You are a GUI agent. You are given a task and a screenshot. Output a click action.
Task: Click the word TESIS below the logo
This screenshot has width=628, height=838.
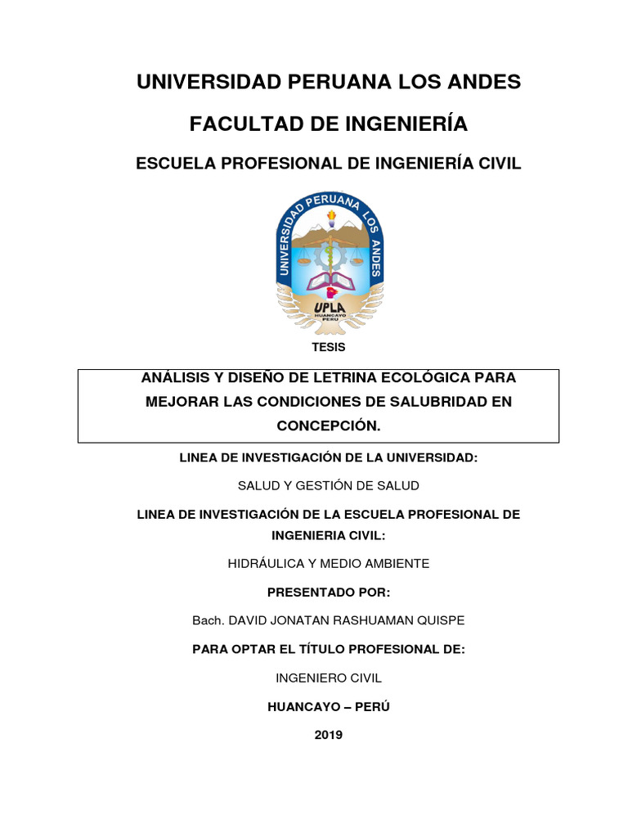click(x=329, y=347)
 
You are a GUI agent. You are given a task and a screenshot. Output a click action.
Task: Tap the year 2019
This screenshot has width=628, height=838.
click(x=329, y=735)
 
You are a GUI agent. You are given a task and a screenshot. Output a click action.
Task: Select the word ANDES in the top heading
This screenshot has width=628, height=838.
click(x=483, y=82)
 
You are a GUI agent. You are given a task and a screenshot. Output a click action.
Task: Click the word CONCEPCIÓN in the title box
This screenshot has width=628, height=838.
click(x=329, y=426)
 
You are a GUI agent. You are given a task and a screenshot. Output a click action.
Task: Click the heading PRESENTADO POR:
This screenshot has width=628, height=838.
click(x=329, y=592)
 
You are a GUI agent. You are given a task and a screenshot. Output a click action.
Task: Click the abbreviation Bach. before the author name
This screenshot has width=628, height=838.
click(x=208, y=620)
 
